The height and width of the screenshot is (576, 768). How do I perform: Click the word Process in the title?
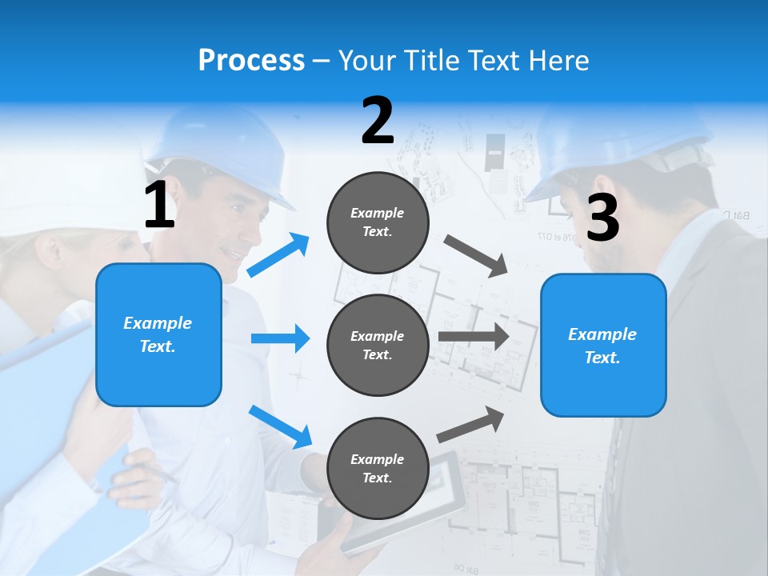(x=251, y=60)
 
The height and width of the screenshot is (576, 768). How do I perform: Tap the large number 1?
(x=159, y=206)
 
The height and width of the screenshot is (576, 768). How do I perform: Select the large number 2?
(x=378, y=121)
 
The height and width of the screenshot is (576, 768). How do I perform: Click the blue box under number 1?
(x=158, y=334)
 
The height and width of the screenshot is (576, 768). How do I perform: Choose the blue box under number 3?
(x=603, y=345)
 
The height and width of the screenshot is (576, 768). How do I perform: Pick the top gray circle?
(x=378, y=222)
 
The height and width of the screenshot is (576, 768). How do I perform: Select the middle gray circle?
(x=378, y=345)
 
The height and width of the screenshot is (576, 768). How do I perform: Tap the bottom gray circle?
(x=378, y=468)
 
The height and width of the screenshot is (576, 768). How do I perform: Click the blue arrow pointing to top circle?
(x=278, y=255)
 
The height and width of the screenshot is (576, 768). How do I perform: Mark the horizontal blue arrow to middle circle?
(x=280, y=338)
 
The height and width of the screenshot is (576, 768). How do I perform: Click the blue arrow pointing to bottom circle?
(x=280, y=426)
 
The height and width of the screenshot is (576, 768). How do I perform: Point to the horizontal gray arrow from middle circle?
(x=473, y=336)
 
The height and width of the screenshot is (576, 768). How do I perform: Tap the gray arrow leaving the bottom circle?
(x=470, y=425)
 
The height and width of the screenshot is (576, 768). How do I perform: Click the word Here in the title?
(x=558, y=60)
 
